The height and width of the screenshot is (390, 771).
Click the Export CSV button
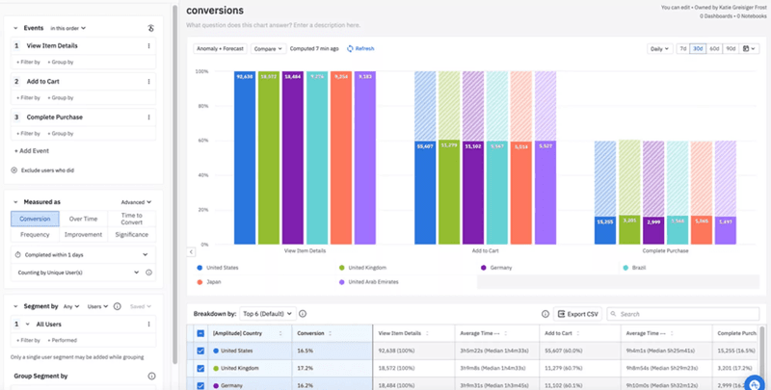tap(578, 313)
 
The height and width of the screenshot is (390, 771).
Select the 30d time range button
tap(698, 48)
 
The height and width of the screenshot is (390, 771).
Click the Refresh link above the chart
tap(360, 48)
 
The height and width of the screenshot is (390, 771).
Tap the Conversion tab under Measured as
tap(35, 219)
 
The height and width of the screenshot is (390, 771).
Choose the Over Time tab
tap(83, 219)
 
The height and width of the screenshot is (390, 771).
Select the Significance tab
tap(131, 234)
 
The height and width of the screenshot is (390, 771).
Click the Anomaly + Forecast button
tap(220, 48)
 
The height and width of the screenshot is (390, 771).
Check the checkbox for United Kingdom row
tap(200, 368)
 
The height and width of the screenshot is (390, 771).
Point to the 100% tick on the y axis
tap(201, 71)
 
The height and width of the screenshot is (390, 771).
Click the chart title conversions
tap(214, 10)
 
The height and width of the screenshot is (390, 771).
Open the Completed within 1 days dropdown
tap(83, 254)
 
